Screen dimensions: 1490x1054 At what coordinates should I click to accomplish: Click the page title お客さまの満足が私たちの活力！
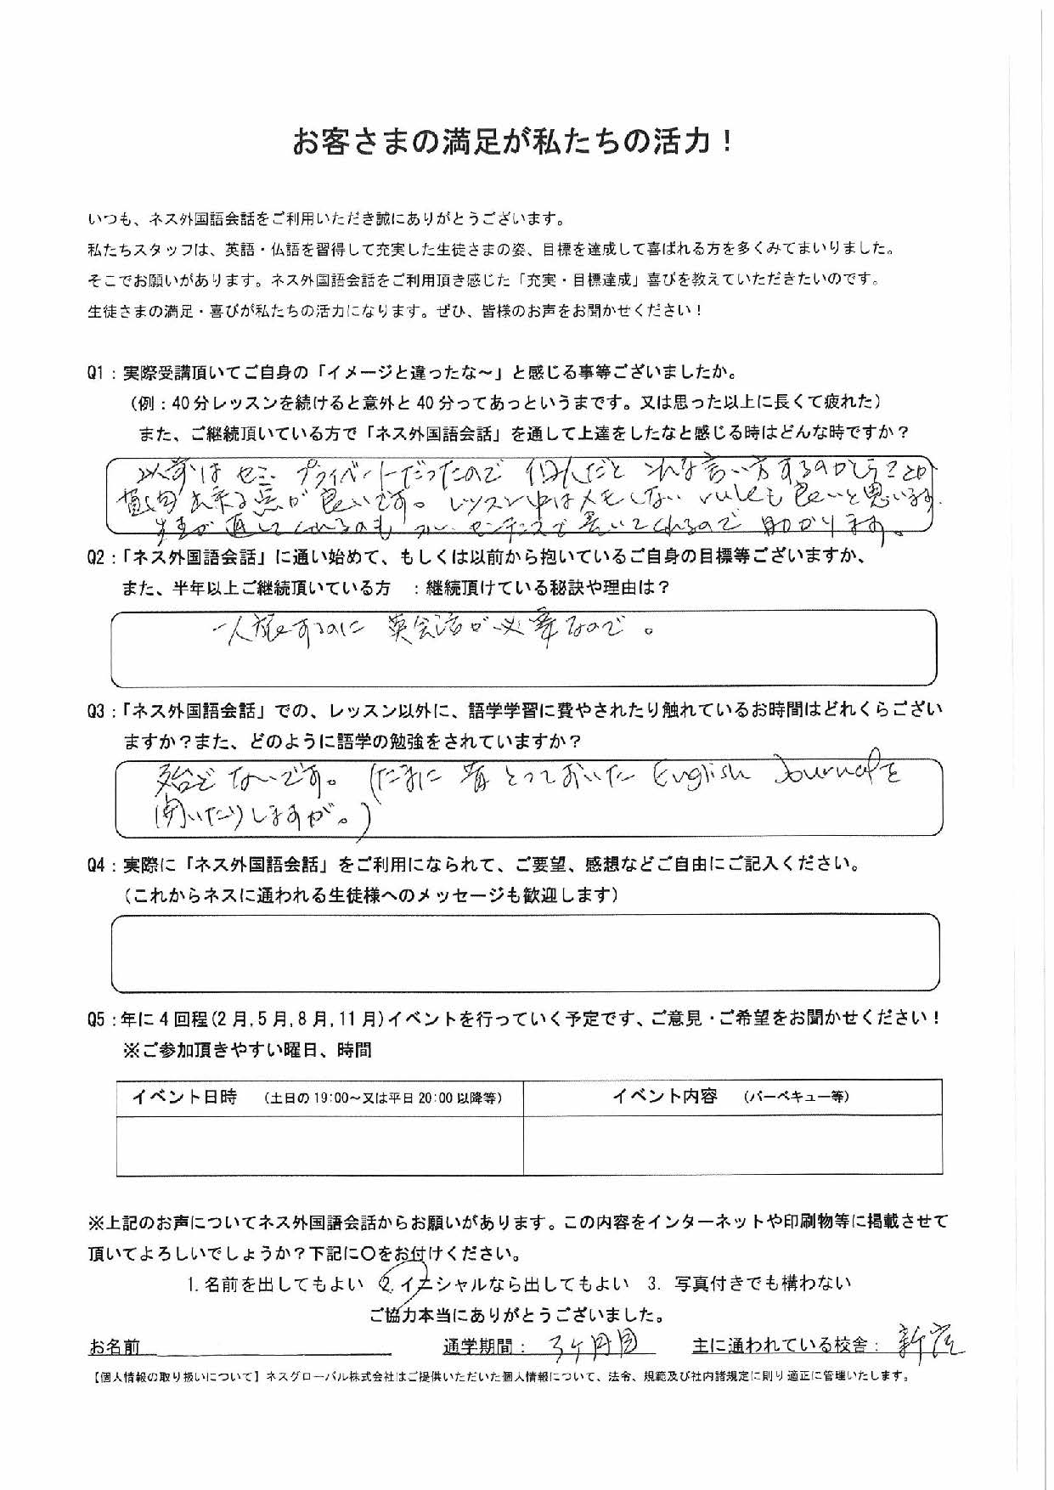[512, 142]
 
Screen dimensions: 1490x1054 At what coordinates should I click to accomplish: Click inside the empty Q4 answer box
[527, 952]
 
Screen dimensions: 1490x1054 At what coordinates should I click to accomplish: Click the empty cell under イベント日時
[319, 1144]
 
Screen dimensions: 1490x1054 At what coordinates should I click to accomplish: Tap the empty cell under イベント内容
[732, 1144]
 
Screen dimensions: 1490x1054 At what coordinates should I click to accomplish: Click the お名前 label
[115, 1347]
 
